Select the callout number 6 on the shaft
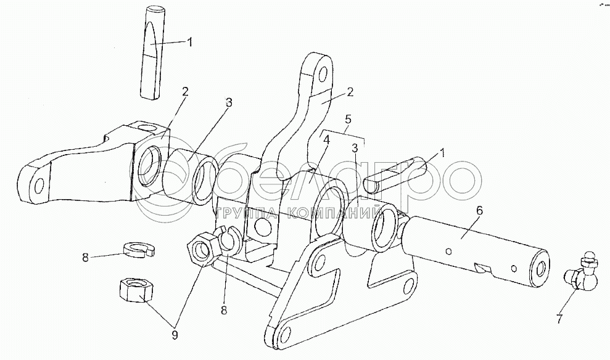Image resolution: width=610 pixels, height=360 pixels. pos(479,211)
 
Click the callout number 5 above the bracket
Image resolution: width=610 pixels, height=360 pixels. pos(348,118)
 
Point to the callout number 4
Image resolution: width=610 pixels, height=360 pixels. pos(326,141)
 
